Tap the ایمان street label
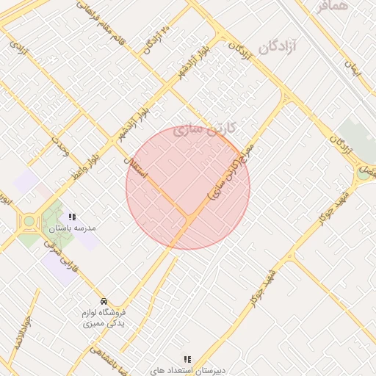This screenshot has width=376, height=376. (352, 70)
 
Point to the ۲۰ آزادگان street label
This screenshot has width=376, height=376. (155, 40)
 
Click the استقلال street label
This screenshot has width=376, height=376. (137, 168)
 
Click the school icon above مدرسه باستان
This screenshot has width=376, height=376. (72, 217)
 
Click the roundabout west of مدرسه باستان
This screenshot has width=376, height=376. (29, 221)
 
